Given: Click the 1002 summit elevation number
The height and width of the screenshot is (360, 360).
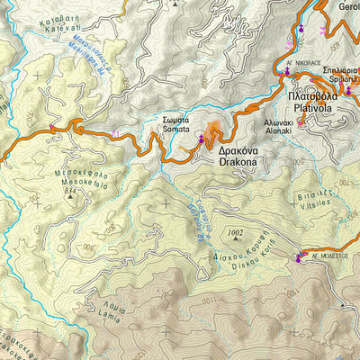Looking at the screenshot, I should point(237,233).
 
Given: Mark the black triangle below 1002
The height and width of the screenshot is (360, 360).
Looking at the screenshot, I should point(237,241).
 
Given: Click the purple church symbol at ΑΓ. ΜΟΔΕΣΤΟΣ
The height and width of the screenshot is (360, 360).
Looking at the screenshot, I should point(298,260).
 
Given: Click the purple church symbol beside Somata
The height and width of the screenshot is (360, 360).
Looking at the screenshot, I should point(201,138).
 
